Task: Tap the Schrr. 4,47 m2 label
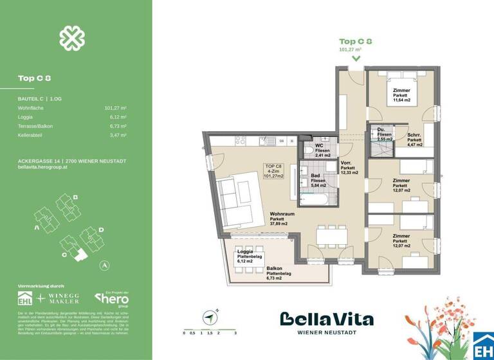[414, 139]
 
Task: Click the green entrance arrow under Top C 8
[356, 58]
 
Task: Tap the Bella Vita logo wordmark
[326, 319]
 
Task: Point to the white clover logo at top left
[72, 39]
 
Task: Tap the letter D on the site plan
[102, 230]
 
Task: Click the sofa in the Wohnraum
[235, 201]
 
